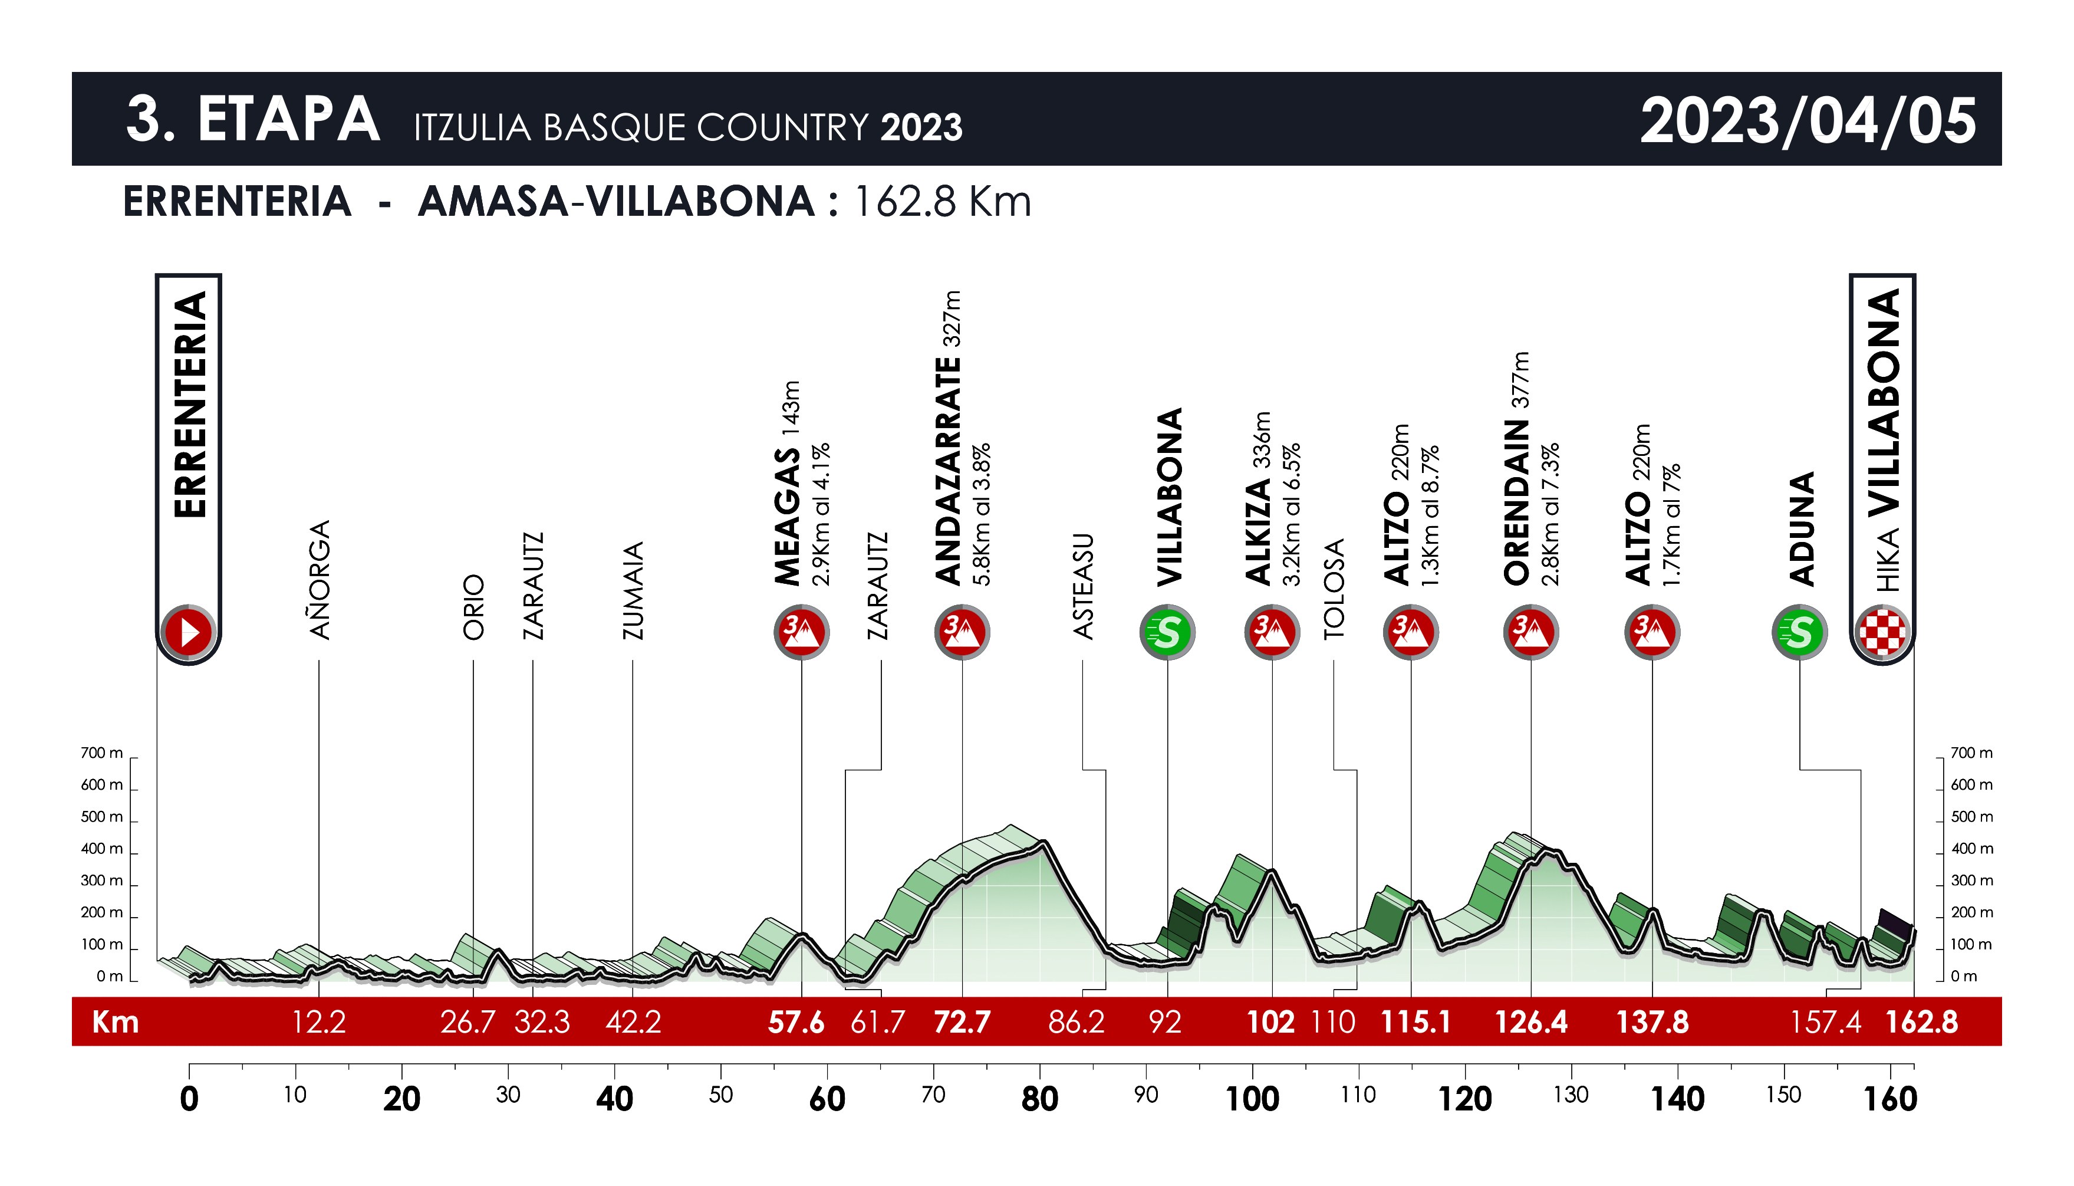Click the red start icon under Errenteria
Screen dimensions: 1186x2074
(x=189, y=632)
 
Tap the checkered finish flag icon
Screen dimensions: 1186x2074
(x=1882, y=632)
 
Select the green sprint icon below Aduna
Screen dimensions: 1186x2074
(x=1800, y=632)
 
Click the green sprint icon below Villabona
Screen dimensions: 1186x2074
(x=1167, y=632)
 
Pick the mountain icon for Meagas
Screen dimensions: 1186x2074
(x=801, y=632)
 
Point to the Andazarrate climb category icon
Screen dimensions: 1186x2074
(x=962, y=632)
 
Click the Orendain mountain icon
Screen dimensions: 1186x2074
(x=1531, y=632)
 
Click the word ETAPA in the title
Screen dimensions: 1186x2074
(x=288, y=120)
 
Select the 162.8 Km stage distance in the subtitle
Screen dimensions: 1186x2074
(x=942, y=202)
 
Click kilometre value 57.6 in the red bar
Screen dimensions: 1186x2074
(x=795, y=1021)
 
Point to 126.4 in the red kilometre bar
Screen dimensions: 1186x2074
(x=1531, y=1021)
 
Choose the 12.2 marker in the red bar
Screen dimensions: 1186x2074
(x=318, y=1021)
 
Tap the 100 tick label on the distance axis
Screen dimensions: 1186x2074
(x=1252, y=1099)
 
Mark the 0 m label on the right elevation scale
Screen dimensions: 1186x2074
(x=1963, y=977)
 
